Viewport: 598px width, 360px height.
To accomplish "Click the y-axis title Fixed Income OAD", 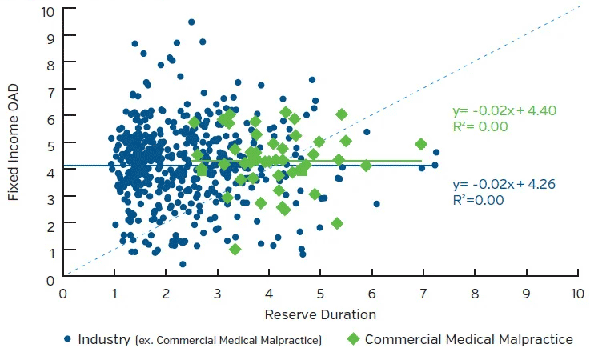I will [x=14, y=143].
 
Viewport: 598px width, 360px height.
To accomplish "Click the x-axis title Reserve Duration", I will [x=320, y=314].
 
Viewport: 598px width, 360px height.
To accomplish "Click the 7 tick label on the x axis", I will [x=423, y=293].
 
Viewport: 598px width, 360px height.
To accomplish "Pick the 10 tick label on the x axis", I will [x=576, y=293].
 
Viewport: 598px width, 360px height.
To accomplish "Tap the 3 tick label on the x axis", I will [x=218, y=293].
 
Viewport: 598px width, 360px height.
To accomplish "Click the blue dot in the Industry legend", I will [x=67, y=339].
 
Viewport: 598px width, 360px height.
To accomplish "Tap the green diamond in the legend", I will [x=353, y=339].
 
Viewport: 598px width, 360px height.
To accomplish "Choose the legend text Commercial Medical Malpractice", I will [x=468, y=339].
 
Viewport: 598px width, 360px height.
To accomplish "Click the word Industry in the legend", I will [x=103, y=339].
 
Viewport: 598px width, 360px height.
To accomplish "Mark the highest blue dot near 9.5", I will [x=191, y=22].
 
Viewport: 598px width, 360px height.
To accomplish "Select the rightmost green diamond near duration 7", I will [x=421, y=144].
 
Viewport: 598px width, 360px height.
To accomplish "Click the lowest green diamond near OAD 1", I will [x=235, y=250].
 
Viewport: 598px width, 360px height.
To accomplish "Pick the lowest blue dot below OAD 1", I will [x=183, y=264].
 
